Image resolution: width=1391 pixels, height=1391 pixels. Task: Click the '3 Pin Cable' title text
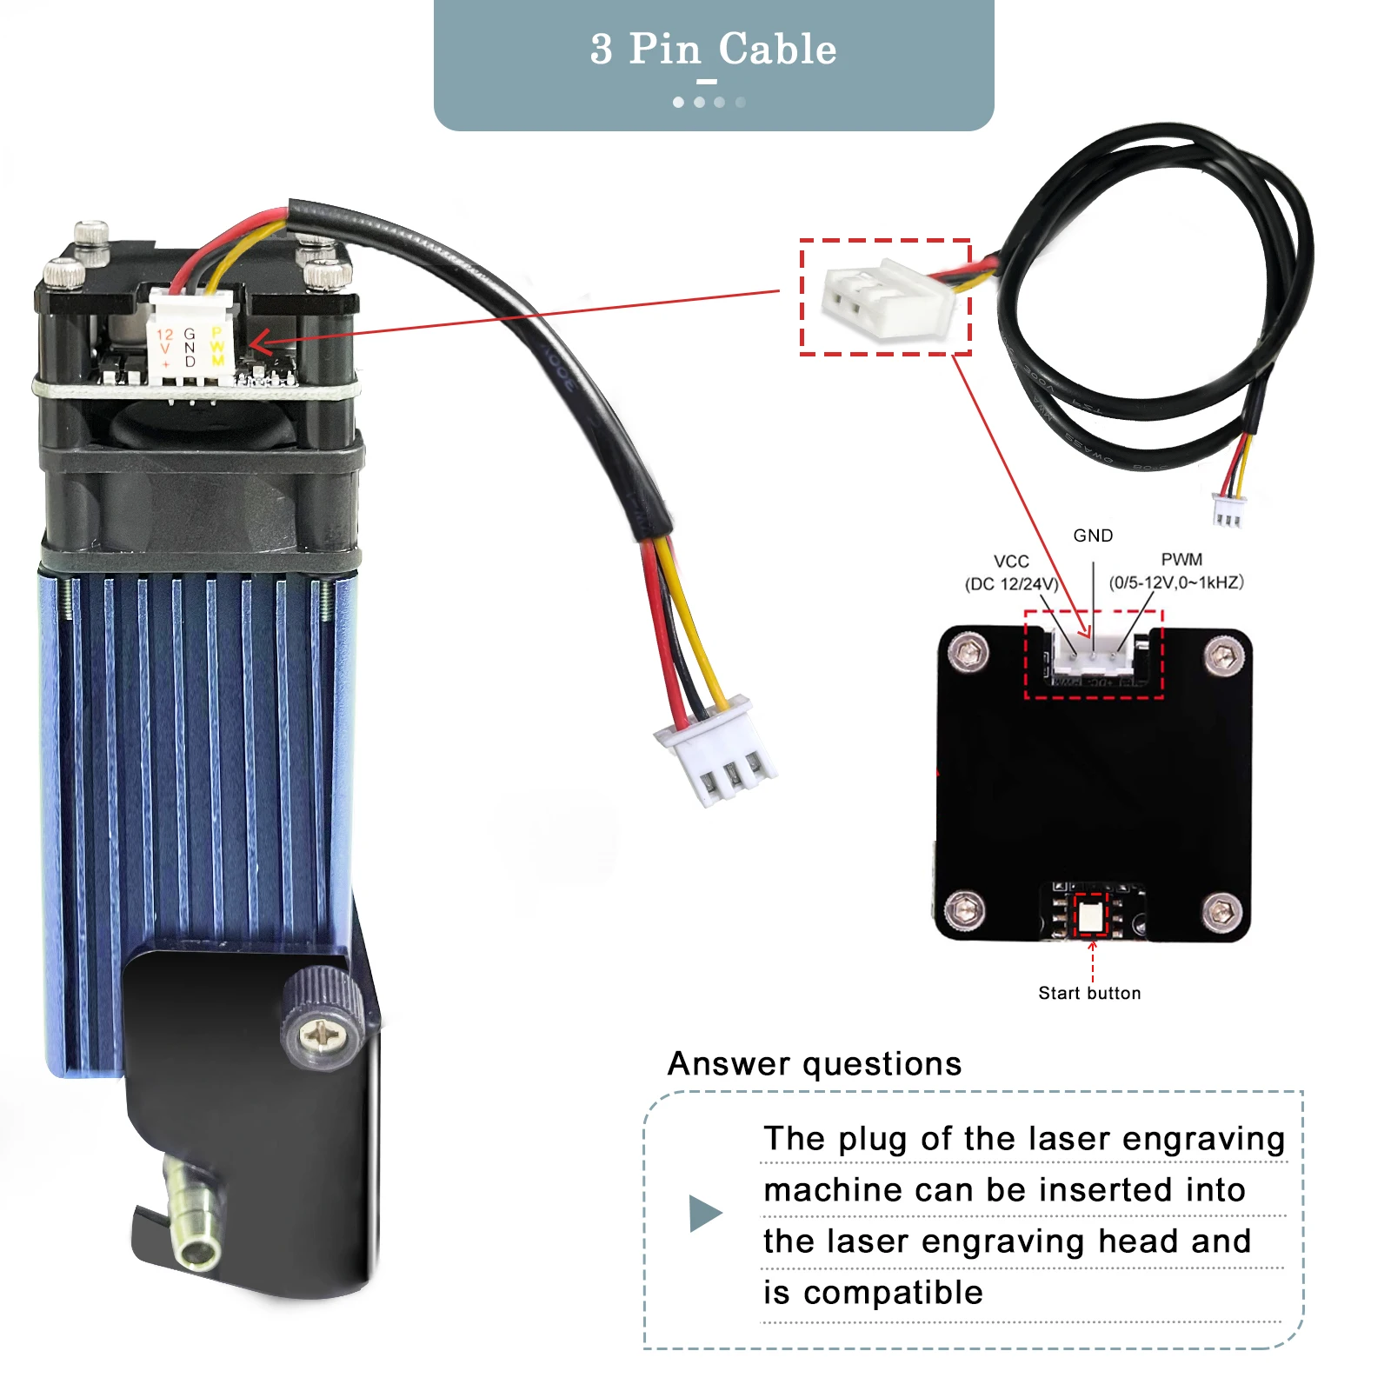[x=713, y=49]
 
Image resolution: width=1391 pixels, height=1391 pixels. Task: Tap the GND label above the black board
[x=1093, y=536]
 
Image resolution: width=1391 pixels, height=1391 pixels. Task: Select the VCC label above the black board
[x=1011, y=562]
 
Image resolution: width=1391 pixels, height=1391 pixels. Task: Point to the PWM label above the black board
[x=1181, y=560]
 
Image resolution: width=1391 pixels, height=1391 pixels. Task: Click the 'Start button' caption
[x=1089, y=993]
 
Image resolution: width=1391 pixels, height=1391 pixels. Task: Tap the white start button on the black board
[x=1090, y=915]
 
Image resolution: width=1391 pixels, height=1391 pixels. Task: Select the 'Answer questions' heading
[x=815, y=1064]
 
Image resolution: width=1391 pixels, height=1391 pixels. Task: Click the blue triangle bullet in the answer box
[x=705, y=1213]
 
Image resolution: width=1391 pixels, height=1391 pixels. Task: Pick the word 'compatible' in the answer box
[x=893, y=1293]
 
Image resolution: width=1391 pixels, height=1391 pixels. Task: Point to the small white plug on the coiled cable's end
[x=1227, y=510]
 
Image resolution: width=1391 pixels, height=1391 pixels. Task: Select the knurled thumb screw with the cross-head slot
[x=323, y=1019]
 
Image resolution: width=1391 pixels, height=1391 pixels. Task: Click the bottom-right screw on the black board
[x=1222, y=910]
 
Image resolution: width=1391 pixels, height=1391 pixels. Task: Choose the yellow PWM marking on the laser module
[x=217, y=346]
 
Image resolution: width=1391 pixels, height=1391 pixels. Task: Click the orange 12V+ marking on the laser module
[x=164, y=347]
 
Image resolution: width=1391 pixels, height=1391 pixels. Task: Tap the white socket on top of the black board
[x=1094, y=652]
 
